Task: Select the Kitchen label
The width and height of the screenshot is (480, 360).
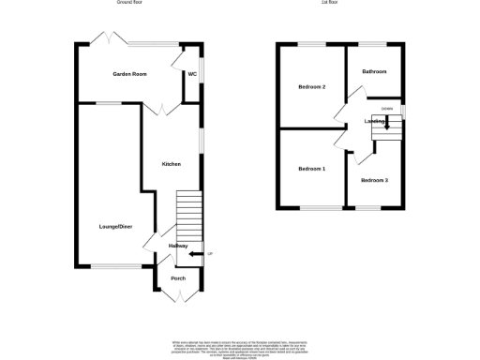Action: [171, 164]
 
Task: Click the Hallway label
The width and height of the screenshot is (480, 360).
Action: [178, 247]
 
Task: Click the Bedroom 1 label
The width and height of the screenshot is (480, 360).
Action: [311, 169]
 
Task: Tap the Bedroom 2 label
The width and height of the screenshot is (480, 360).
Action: [311, 87]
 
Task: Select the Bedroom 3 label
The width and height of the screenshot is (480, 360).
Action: [374, 179]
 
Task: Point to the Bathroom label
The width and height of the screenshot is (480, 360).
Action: [374, 72]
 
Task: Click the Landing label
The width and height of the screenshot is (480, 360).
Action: [376, 121]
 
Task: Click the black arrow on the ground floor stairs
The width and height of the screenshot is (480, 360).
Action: [194, 253]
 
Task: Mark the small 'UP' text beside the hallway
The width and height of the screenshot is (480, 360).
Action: [210, 253]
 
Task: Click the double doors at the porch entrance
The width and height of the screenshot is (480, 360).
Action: [178, 297]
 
